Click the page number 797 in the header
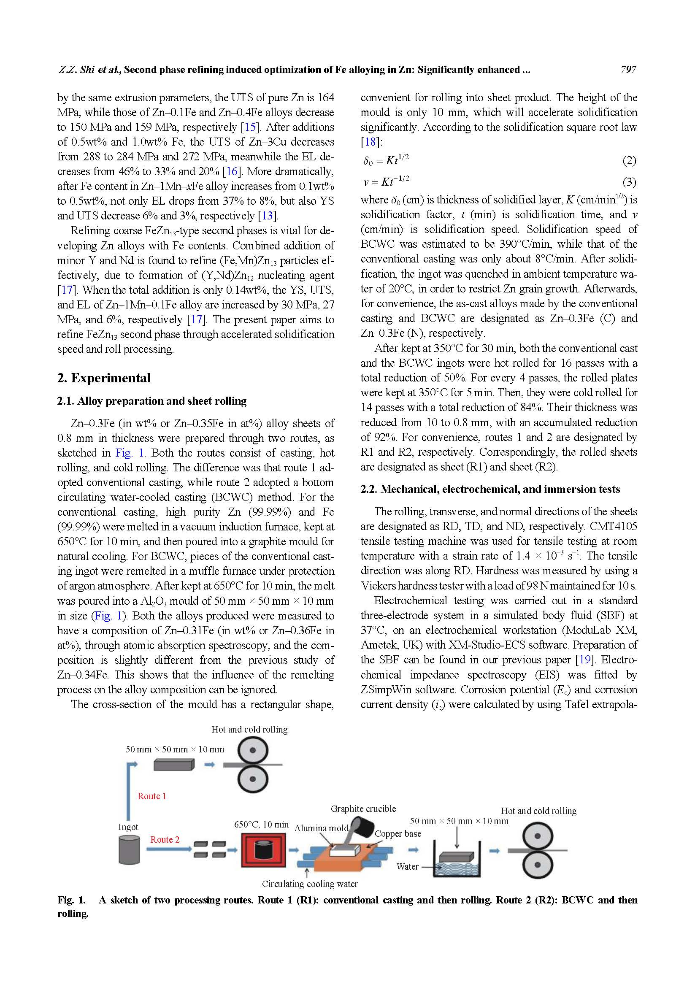[x=628, y=70]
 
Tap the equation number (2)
[x=629, y=161]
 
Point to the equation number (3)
[x=629, y=182]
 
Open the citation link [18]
[x=370, y=142]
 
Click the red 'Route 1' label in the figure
[x=152, y=796]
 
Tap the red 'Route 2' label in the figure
[x=165, y=840]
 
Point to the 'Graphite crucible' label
[x=363, y=809]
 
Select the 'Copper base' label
[x=398, y=833]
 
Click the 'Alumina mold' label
[x=321, y=828]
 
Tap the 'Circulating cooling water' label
[x=309, y=884]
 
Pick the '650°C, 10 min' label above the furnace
[x=261, y=824]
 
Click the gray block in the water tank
[x=457, y=857]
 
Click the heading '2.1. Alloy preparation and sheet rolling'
[x=152, y=401]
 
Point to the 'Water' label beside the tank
[x=407, y=867]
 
